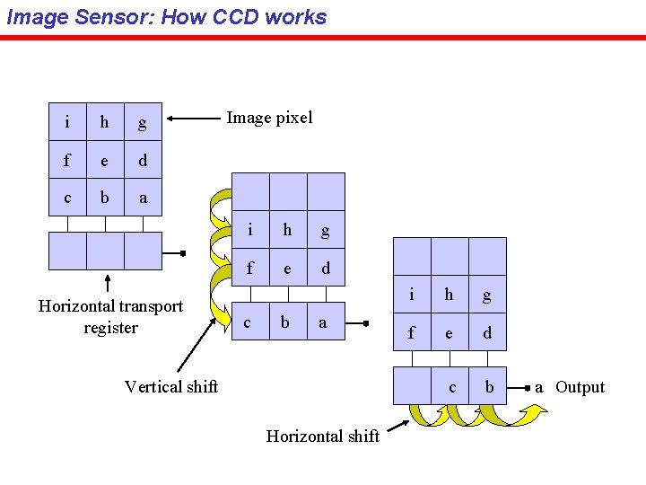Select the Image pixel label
pos(269,118)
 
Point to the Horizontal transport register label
pos(110,316)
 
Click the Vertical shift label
pos(171,386)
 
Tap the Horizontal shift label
pos(323,436)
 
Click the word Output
pos(580,387)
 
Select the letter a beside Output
pos(539,387)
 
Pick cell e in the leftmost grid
pos(105,161)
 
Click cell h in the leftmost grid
pos(105,122)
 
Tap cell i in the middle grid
pos(249,230)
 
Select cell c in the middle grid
pos(249,322)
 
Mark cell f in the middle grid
pos(249,268)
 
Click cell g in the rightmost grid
pos(487,295)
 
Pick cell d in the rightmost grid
pos(487,332)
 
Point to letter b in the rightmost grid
pos(489,387)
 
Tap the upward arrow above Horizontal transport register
pos(108,284)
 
